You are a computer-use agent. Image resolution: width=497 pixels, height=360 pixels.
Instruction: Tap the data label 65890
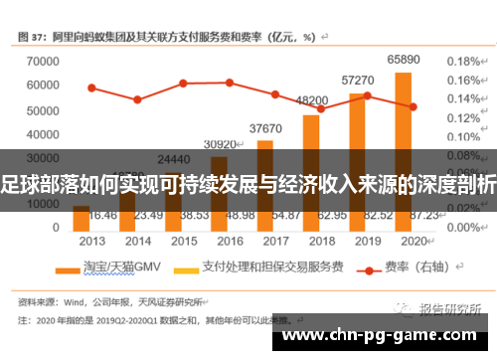pos(403,60)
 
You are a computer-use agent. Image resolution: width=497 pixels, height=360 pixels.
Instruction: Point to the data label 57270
pos(357,80)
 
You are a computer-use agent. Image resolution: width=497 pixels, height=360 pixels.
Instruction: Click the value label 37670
pos(265,128)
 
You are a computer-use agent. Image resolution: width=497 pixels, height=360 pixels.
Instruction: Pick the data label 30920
pos(220,144)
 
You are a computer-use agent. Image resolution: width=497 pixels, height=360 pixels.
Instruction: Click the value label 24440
pos(173,158)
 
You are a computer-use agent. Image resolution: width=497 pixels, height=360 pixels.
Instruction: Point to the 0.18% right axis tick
pos(463,61)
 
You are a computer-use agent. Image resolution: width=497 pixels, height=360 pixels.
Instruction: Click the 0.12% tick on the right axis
pos(463,118)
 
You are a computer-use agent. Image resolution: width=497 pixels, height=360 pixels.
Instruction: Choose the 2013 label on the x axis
pos(91,241)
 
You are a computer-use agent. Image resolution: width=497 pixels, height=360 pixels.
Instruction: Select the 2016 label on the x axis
pos(230,241)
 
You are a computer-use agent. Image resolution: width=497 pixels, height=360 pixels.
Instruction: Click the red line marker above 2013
pos(91,88)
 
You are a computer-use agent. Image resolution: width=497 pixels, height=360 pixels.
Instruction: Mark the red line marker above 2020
pos(413,106)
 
